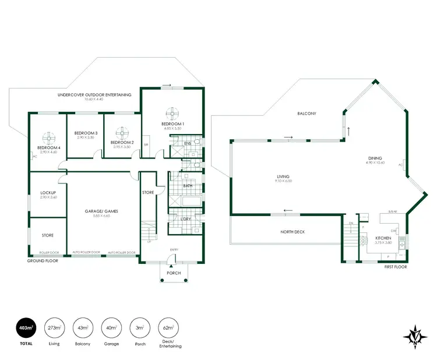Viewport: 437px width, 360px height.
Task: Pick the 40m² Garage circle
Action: tap(112, 328)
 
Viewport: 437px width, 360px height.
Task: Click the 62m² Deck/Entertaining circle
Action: tap(170, 328)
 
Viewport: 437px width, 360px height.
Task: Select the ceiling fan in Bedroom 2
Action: tap(122, 132)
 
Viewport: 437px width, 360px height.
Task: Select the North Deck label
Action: tap(292, 232)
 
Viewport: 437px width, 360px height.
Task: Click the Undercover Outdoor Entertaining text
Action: tap(94, 95)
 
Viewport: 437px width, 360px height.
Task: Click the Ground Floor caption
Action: tap(41, 262)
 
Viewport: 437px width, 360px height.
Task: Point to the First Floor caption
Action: tap(395, 267)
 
